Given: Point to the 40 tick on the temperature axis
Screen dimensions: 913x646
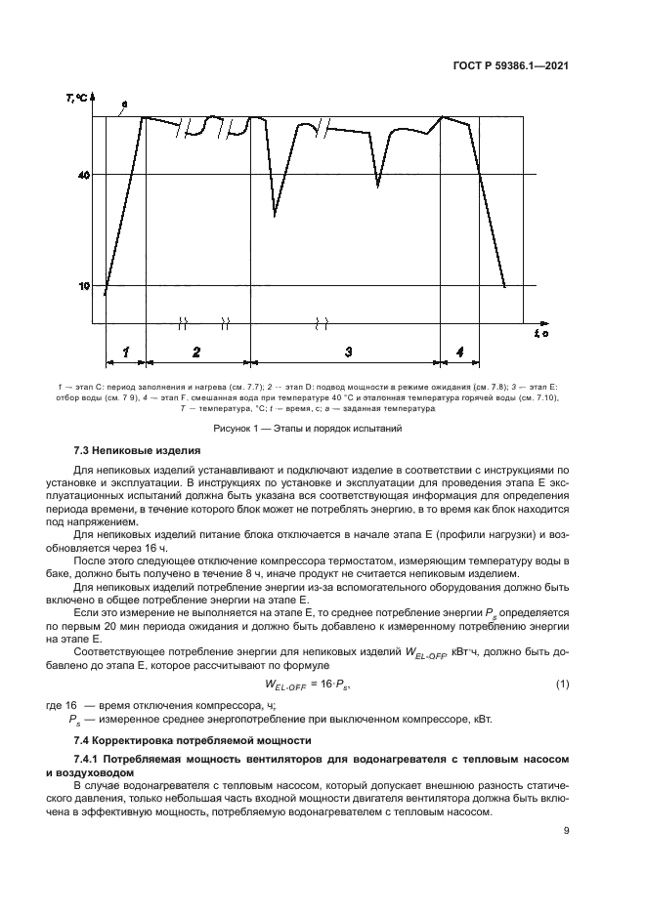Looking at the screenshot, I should tap(85, 175).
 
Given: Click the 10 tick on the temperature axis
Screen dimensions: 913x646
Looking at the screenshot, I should tap(85, 285).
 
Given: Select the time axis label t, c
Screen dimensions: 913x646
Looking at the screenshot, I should tap(540, 335).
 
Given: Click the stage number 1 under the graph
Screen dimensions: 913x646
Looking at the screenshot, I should tap(125, 351).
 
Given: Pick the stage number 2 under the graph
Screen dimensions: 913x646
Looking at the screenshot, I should tap(196, 351).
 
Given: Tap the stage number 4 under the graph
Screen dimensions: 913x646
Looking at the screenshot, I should tap(459, 351).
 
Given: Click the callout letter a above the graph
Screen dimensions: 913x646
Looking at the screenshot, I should tap(124, 103).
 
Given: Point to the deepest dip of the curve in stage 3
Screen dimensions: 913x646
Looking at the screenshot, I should tap(276, 214).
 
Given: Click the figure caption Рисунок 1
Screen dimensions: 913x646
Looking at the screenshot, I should tap(322, 428).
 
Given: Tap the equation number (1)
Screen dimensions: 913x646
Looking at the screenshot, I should tap(562, 685).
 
